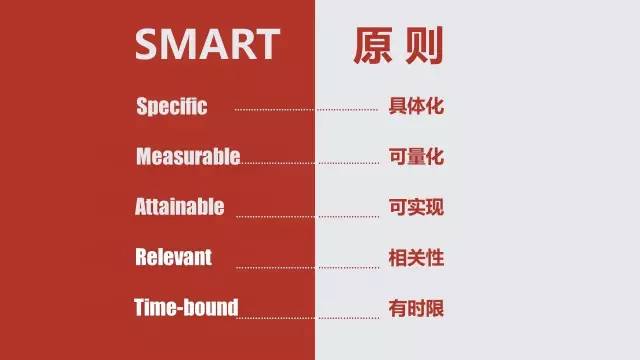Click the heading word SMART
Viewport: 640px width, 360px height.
tap(207, 44)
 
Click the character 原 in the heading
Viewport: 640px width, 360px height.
tap(371, 44)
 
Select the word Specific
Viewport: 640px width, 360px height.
tap(171, 106)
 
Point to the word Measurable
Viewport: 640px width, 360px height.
tap(188, 157)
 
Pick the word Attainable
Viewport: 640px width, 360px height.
tap(180, 207)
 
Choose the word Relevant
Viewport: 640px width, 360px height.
tap(174, 257)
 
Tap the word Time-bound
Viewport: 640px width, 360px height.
tap(186, 307)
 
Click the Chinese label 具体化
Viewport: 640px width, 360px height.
tap(415, 106)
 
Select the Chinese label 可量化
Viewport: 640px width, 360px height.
tap(415, 157)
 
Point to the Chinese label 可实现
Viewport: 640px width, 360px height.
tap(415, 207)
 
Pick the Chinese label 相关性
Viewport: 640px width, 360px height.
tap(415, 257)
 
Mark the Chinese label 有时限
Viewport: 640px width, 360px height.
tap(415, 307)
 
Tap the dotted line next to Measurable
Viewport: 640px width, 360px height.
tap(310, 162)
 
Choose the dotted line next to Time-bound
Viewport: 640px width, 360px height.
tap(310, 317)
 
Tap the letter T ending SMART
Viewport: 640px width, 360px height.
tap(264, 44)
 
